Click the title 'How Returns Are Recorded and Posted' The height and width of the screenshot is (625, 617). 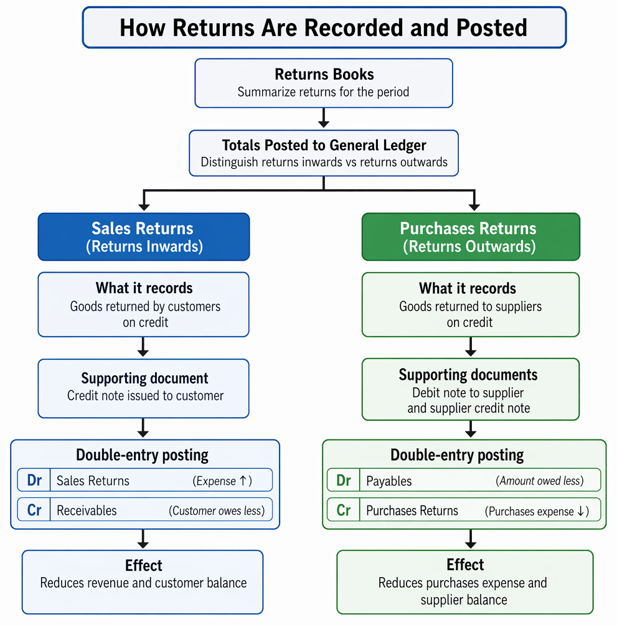pyautogui.click(x=323, y=27)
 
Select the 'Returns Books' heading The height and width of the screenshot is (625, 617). pyautogui.click(x=324, y=74)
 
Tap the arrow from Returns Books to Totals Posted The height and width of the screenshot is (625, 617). pyautogui.click(x=324, y=118)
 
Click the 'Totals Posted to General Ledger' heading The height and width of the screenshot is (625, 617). pyautogui.click(x=324, y=145)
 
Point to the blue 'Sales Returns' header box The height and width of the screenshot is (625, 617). pyautogui.click(x=144, y=237)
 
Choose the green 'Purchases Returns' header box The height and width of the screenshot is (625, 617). pyautogui.click(x=471, y=237)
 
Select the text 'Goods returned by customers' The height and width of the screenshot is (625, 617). pyautogui.click(x=145, y=306)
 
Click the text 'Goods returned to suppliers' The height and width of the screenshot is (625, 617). pyautogui.click(x=470, y=306)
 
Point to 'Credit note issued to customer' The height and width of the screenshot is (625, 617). pyautogui.click(x=145, y=395)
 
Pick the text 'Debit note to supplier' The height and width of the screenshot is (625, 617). pyautogui.click(x=468, y=393)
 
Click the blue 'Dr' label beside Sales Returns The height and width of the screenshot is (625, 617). pyautogui.click(x=34, y=480)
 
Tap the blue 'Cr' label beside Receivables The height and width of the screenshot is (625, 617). pyautogui.click(x=34, y=510)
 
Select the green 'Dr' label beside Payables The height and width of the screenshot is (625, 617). pyautogui.click(x=344, y=481)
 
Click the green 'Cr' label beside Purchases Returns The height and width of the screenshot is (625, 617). pyautogui.click(x=344, y=510)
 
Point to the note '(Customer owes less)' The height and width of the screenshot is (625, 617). pyautogui.click(x=217, y=510)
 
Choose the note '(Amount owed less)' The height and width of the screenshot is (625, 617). pyautogui.click(x=540, y=481)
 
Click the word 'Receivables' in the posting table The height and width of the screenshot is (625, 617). pyautogui.click(x=87, y=510)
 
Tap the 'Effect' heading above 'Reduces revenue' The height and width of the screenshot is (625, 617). pyautogui.click(x=143, y=565)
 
